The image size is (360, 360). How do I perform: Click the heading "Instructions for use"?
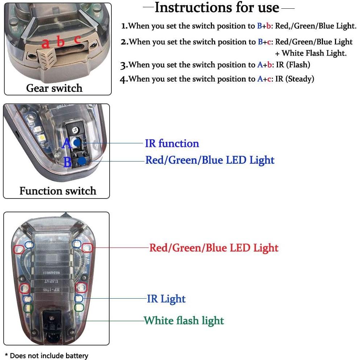[217, 7]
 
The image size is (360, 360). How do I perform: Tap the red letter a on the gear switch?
[45, 43]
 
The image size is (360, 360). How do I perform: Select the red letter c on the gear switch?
[77, 39]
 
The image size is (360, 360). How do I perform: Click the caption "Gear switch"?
[54, 88]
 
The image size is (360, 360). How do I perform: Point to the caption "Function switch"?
[58, 191]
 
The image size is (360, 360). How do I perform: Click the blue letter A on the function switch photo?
[67, 144]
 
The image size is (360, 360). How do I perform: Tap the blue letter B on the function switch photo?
[68, 162]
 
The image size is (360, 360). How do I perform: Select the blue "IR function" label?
[172, 143]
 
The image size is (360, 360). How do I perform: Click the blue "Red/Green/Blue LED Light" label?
[210, 160]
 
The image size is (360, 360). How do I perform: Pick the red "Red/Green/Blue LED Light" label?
[214, 248]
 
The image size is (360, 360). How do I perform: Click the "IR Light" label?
[166, 299]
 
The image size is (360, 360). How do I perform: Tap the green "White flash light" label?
[184, 320]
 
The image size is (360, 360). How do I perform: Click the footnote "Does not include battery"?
[49, 356]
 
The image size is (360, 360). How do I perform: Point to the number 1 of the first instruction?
[124, 26]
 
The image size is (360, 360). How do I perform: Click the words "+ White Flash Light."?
[311, 53]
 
